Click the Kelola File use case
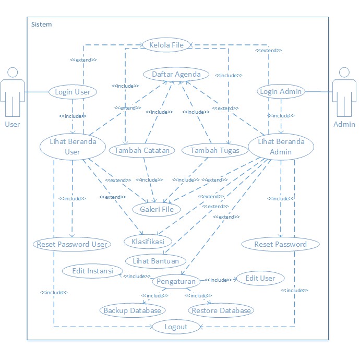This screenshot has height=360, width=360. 167,45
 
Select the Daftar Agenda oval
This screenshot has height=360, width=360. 176,74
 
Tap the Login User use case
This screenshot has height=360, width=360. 73,92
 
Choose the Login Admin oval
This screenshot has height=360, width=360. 280,92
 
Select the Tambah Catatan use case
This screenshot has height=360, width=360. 142,150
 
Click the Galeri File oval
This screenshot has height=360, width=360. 156,209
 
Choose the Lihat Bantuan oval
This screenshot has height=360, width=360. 153,260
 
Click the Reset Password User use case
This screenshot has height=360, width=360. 71,244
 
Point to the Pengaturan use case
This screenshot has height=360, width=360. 176,282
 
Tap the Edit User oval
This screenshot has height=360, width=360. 260,278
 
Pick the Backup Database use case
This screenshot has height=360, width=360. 133,310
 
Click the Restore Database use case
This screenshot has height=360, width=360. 221,310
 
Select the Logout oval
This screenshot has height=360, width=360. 176,327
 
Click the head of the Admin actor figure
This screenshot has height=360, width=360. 343,72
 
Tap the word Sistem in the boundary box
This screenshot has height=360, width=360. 42,25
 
